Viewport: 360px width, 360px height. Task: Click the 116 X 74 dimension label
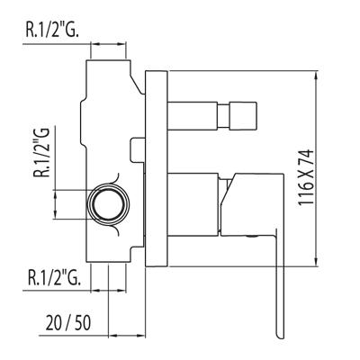pyautogui.click(x=306, y=177)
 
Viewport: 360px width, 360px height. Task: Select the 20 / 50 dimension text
pyautogui.click(x=68, y=323)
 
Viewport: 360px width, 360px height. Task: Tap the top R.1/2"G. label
pyautogui.click(x=52, y=30)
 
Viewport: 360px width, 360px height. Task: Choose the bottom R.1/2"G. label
pyautogui.click(x=54, y=277)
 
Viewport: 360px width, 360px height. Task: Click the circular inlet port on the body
pyautogui.click(x=109, y=204)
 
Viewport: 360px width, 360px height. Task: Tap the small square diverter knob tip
pyautogui.click(x=244, y=116)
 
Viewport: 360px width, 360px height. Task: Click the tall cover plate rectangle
pyautogui.click(x=156, y=168)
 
